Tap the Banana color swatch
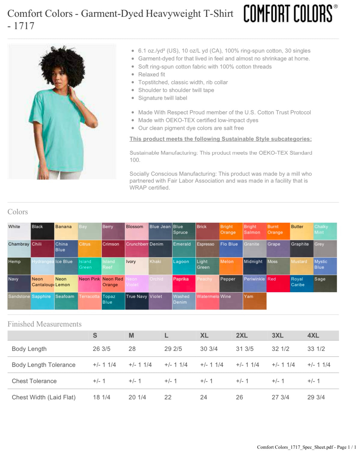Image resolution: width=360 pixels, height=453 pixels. click(x=66, y=231)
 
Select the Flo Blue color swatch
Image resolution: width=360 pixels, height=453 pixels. click(x=231, y=249)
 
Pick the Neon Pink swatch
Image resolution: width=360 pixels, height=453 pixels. click(x=90, y=284)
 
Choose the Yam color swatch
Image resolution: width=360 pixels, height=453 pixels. click(x=254, y=301)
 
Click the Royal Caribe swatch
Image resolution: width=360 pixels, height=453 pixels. click(x=301, y=284)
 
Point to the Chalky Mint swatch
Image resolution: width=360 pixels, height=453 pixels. click(x=325, y=231)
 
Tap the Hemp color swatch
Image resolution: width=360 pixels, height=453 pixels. click(x=19, y=266)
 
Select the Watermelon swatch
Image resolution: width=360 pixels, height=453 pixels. click(x=208, y=301)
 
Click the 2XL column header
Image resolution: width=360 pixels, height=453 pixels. click(x=242, y=336)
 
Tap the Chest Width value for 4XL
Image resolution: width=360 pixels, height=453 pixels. click(x=316, y=397)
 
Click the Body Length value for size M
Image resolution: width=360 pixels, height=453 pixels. click(x=132, y=349)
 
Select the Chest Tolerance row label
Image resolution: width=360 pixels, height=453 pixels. click(x=34, y=381)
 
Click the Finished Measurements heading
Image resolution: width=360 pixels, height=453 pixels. click(x=45, y=324)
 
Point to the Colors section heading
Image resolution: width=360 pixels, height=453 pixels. click(x=18, y=212)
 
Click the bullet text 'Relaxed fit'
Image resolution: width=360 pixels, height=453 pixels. click(x=151, y=74)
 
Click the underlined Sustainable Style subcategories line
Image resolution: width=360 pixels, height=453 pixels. click(x=220, y=139)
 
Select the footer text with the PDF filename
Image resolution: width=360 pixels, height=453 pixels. click(x=306, y=447)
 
